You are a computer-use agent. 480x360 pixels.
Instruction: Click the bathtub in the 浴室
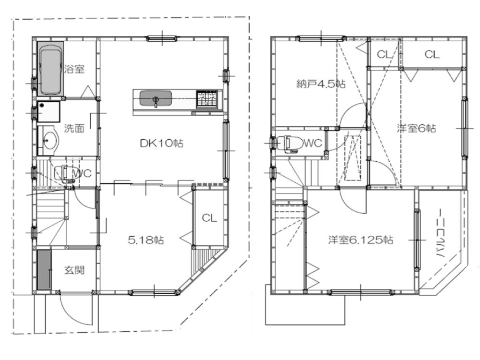[x=50, y=68]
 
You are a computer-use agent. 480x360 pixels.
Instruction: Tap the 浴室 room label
[x=74, y=69]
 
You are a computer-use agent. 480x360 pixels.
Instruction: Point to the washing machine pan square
[x=48, y=112]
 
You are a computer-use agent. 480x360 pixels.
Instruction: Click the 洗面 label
[x=74, y=128]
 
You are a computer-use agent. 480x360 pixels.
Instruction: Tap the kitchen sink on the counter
[x=156, y=98]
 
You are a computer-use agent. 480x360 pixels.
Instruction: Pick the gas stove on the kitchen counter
[x=207, y=99]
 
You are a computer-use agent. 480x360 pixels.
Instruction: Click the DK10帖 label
[x=161, y=143]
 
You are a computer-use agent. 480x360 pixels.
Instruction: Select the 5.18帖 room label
[x=146, y=240]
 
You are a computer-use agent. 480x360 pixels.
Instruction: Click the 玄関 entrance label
[x=74, y=270]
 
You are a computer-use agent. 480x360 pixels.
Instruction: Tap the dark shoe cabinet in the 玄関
[x=44, y=270]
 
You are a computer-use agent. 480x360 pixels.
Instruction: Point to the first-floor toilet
[x=64, y=174]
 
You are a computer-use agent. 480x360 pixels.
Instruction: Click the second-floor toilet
[x=291, y=143]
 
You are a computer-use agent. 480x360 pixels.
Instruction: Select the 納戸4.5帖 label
[x=321, y=84]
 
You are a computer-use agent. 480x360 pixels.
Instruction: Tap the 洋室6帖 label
[x=416, y=128]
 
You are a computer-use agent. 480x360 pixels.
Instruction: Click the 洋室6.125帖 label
[x=360, y=240]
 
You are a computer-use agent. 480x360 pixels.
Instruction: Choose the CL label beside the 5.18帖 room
[x=209, y=218]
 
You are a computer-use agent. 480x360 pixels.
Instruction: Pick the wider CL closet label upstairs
[x=432, y=55]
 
